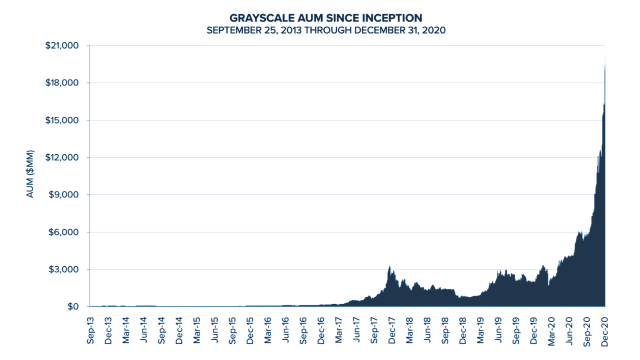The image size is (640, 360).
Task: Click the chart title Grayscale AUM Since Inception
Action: tap(325, 18)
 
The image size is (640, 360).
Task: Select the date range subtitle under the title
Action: tap(325, 30)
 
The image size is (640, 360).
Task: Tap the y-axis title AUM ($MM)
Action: tap(30, 173)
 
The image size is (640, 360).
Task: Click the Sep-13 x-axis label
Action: tap(90, 330)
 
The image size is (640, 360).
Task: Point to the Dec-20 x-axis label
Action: tap(604, 330)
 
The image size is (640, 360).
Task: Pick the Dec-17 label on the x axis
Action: tap(392, 330)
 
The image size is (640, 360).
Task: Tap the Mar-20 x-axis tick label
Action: tap(551, 330)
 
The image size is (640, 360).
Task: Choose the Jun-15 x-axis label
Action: tap(214, 330)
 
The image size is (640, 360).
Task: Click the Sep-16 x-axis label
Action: tap(303, 330)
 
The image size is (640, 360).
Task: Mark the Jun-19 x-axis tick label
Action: tap(498, 330)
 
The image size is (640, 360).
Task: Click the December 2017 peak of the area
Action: tap(389, 266)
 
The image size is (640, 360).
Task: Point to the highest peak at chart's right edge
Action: tap(605, 56)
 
